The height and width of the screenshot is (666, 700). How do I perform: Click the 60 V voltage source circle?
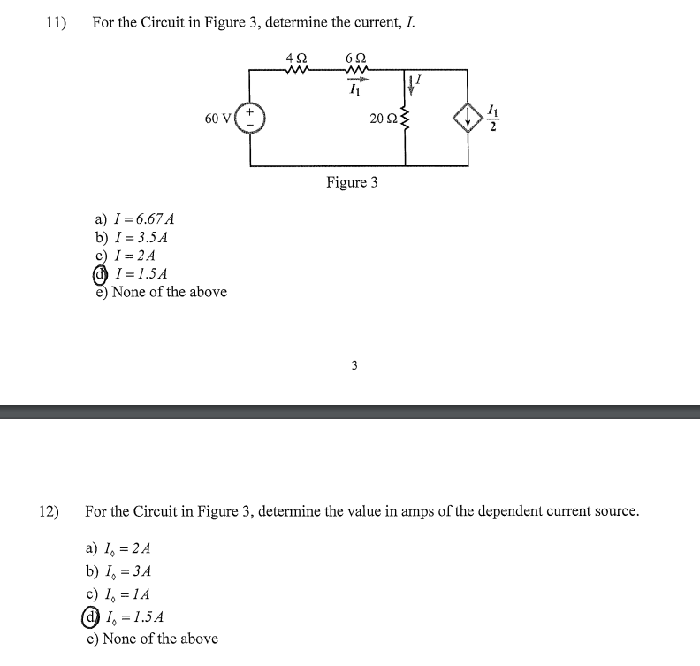tap(250, 119)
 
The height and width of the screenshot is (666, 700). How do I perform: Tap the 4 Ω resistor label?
tap(296, 57)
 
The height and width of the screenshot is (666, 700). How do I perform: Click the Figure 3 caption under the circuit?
tap(352, 182)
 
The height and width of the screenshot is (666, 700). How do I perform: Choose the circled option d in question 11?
tap(102, 274)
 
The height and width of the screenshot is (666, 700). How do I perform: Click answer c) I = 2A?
tap(125, 256)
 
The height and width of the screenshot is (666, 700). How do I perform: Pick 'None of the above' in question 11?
tap(161, 292)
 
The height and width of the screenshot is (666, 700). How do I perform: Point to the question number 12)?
tap(49, 511)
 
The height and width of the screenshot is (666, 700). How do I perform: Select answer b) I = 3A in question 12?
tap(118, 571)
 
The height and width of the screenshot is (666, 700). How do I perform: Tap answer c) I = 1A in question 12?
tap(118, 594)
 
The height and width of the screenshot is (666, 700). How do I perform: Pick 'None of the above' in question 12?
tap(152, 639)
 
